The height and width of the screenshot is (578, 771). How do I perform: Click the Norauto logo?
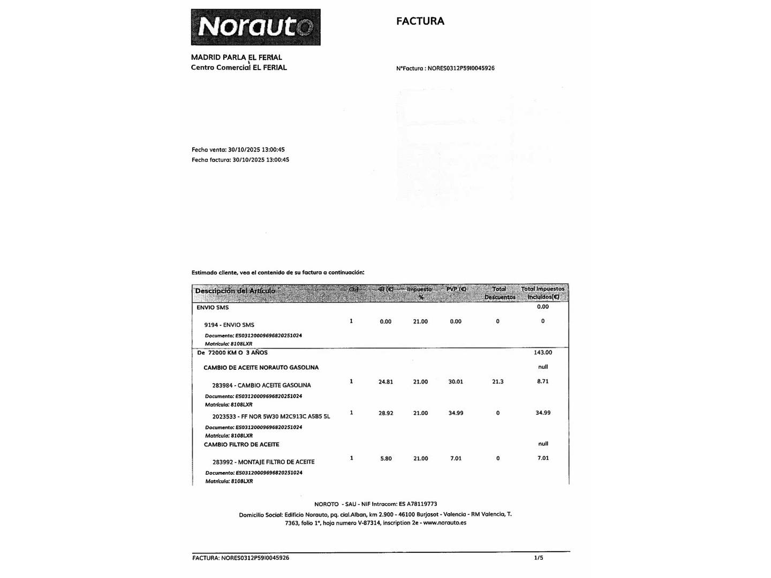click(x=255, y=27)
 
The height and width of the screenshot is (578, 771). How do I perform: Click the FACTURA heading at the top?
click(x=420, y=21)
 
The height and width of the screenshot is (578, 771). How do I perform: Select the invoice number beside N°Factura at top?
click(x=461, y=69)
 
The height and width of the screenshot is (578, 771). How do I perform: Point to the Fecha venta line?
click(x=238, y=150)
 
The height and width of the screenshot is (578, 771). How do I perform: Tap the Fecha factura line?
click(x=240, y=160)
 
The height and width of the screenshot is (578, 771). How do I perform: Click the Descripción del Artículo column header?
click(x=235, y=291)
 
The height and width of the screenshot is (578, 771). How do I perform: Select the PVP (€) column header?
click(x=456, y=290)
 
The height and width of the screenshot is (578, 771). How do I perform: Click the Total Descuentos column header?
click(x=500, y=293)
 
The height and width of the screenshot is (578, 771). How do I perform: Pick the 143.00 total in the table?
click(x=543, y=353)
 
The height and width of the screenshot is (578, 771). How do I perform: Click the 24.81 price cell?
click(x=385, y=382)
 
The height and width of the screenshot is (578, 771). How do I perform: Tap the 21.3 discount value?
click(x=498, y=382)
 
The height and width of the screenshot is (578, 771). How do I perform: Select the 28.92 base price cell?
click(x=385, y=413)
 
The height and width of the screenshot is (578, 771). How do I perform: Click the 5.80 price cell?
click(x=385, y=459)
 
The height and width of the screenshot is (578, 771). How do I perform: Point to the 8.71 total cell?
click(x=543, y=382)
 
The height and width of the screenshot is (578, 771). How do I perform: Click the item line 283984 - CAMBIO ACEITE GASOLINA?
click(x=261, y=385)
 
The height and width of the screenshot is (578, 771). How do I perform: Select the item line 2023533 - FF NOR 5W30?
click(x=271, y=416)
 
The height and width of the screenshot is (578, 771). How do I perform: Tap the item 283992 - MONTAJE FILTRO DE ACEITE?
click(x=263, y=462)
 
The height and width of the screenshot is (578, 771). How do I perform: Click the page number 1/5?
click(x=539, y=558)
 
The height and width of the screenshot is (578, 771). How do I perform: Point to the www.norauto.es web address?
click(x=444, y=523)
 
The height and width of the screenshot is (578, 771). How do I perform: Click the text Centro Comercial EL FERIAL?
click(x=239, y=67)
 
